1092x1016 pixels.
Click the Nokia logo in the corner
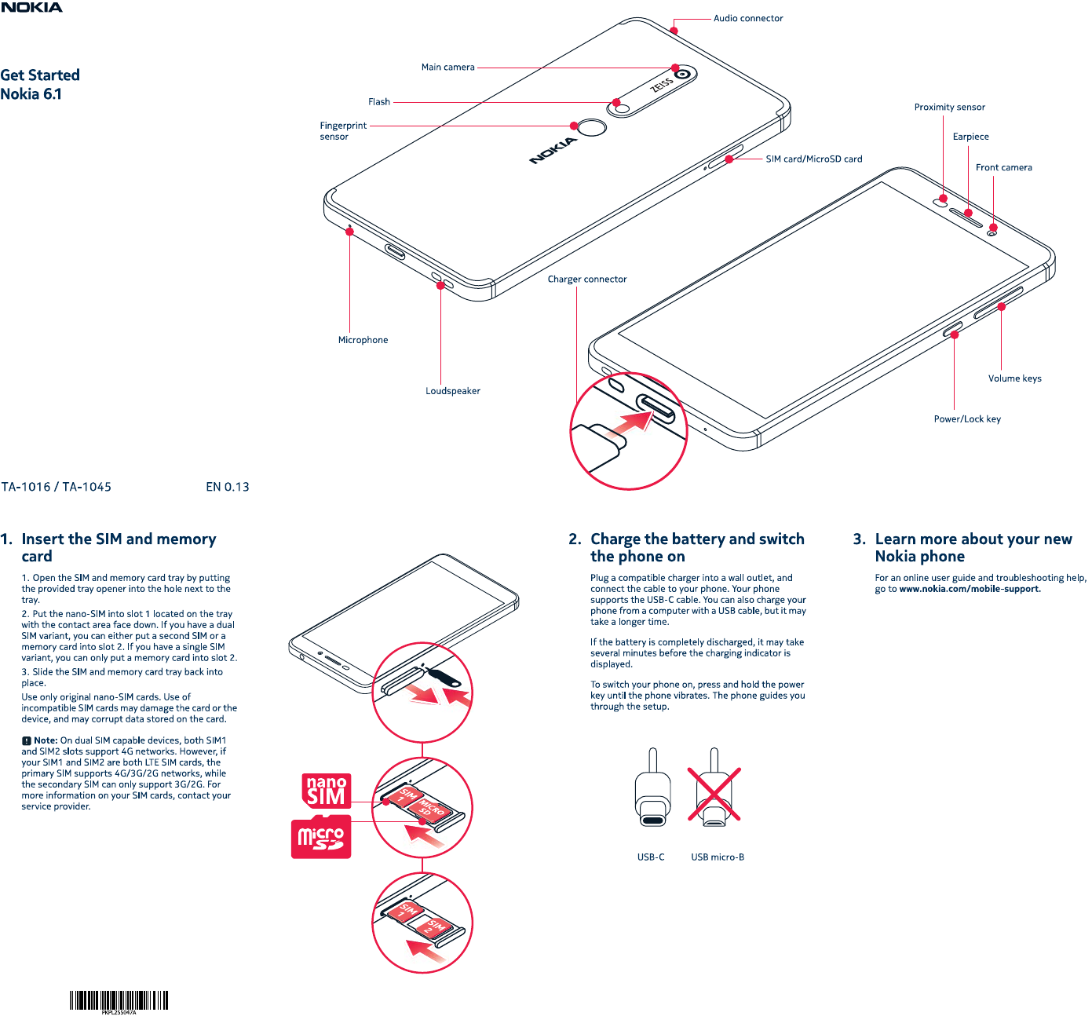click(31, 7)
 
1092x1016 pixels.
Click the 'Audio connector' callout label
click(747, 18)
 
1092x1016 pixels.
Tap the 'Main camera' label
click(447, 68)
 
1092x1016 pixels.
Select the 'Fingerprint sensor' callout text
click(343, 130)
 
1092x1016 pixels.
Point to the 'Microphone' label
click(363, 340)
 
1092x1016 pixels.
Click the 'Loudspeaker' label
click(453, 391)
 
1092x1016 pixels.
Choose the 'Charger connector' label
click(587, 280)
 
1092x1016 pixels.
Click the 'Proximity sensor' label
click(949, 108)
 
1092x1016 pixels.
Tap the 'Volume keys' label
click(1014, 378)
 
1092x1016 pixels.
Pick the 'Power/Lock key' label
click(967, 419)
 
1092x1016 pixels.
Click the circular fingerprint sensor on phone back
click(593, 126)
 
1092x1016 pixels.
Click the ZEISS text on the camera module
click(662, 84)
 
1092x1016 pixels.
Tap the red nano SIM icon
click(327, 791)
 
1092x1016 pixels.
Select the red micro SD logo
click(321, 838)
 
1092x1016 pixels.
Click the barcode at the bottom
click(119, 1000)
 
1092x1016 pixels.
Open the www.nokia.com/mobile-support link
click(970, 589)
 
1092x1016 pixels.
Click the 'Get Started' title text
click(40, 75)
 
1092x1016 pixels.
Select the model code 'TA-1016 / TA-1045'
click(57, 487)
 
